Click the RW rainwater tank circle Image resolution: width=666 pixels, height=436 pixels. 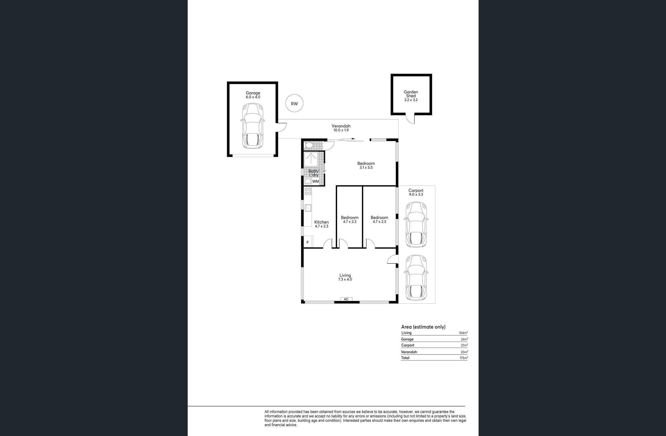tap(294, 103)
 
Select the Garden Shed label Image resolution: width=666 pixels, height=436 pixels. tap(411, 94)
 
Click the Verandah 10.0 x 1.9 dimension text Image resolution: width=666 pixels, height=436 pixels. tap(341, 130)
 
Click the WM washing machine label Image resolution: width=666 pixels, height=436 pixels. tap(315, 181)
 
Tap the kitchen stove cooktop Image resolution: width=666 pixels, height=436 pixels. tap(308, 191)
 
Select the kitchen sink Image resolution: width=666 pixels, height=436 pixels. tap(308, 208)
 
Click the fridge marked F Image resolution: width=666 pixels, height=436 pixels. tap(308, 242)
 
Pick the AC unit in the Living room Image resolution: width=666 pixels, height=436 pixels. tap(346, 299)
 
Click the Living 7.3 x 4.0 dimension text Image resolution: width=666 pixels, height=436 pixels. tap(345, 279)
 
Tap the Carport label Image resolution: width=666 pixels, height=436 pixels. tap(416, 190)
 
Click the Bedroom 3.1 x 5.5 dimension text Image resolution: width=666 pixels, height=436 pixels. tap(366, 168)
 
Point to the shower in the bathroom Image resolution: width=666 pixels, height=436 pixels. tap(311, 160)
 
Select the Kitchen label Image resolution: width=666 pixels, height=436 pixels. tap(322, 222)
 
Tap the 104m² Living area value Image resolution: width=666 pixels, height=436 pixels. tap(463, 333)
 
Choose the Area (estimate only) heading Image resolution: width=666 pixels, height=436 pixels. tap(423, 327)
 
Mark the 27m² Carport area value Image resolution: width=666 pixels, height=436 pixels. tap(464, 345)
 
